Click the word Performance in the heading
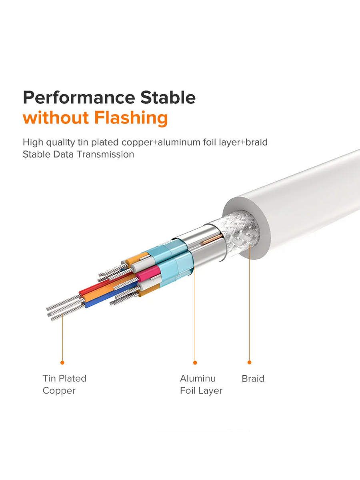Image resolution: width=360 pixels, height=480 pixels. click(79, 98)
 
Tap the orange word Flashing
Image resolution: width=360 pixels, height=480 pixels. click(131, 118)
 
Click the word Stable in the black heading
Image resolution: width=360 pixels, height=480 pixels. click(168, 98)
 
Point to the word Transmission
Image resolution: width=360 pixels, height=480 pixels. click(105, 154)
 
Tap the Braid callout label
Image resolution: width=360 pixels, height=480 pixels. click(253, 378)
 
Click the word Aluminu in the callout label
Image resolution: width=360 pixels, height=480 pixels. click(198, 378)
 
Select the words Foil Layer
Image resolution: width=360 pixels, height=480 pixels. click(201, 390)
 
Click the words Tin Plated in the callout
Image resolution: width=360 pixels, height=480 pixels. click(64, 378)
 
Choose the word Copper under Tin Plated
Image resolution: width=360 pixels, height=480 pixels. click(59, 391)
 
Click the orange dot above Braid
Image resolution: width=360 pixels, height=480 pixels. click(249, 362)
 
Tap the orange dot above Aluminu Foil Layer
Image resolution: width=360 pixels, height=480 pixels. click(195, 363)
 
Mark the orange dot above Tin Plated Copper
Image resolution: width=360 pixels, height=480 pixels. click(62, 363)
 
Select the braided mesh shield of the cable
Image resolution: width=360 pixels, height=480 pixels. click(238, 232)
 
